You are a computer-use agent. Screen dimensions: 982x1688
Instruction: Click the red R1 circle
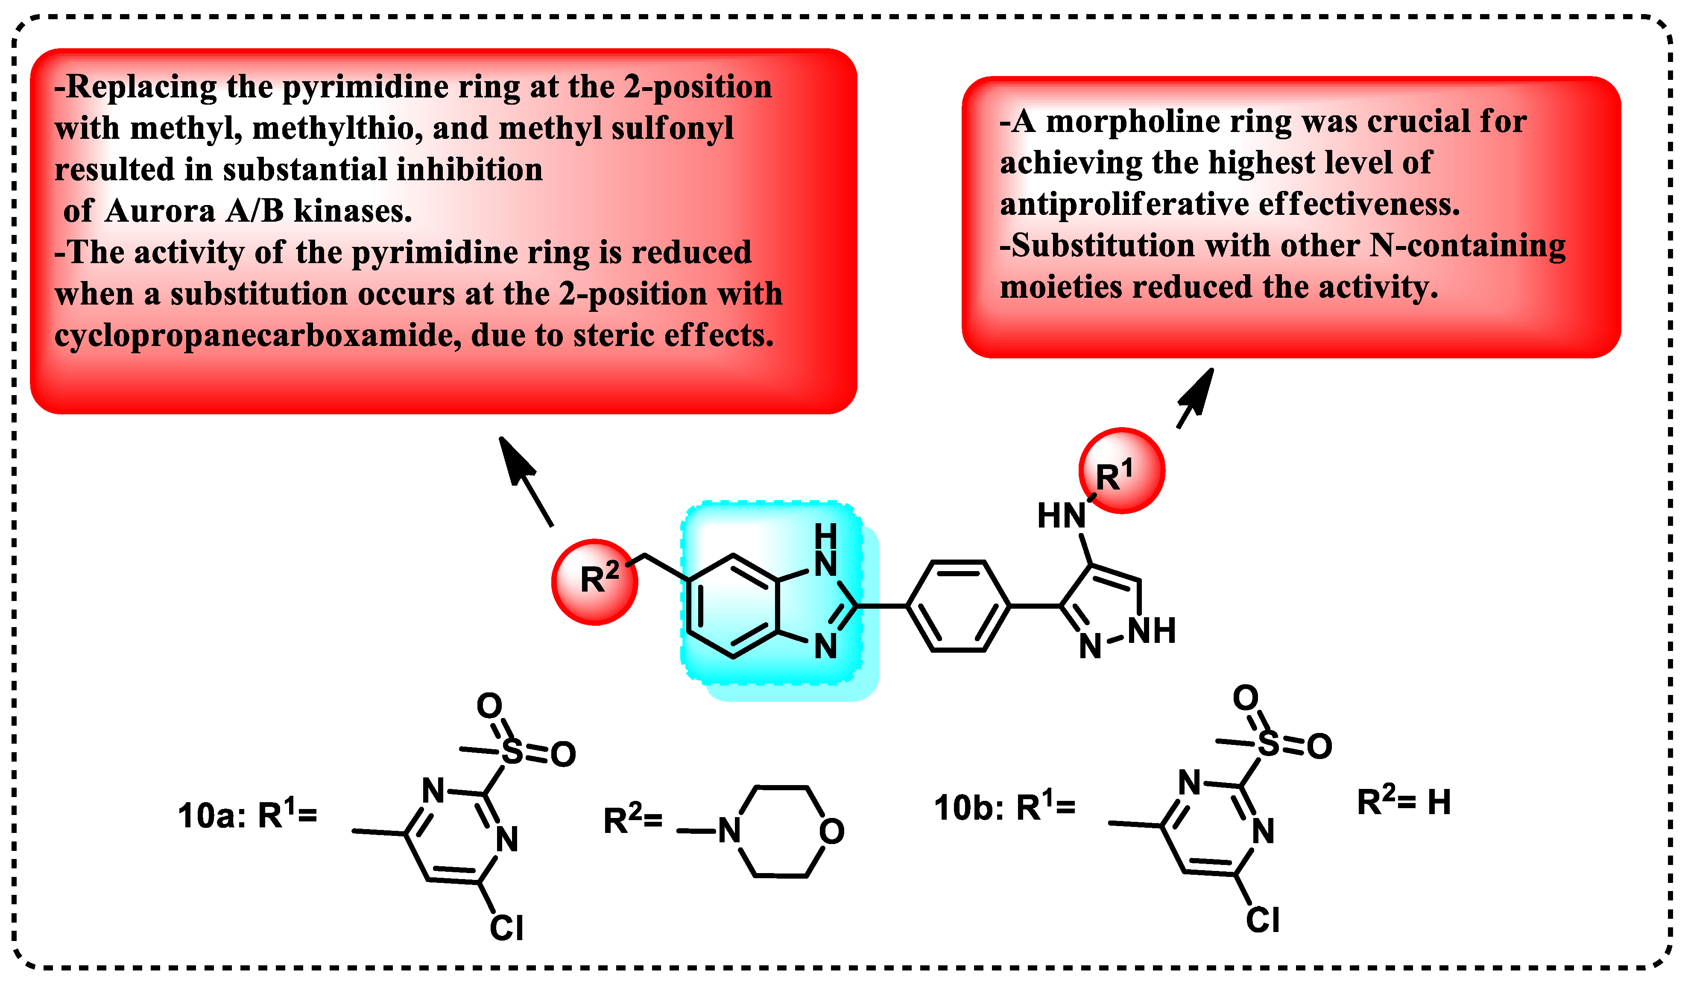point(1121,471)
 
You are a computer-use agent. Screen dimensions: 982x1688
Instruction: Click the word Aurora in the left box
point(159,211)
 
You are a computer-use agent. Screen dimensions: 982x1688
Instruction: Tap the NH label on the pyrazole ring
point(1152,631)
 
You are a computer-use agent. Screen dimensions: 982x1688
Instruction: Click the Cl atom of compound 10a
point(506,928)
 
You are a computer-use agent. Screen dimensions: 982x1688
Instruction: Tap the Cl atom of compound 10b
point(1263,920)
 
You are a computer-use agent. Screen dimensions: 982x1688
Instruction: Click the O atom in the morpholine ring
point(831,831)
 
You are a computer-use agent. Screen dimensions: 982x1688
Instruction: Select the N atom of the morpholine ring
point(729,831)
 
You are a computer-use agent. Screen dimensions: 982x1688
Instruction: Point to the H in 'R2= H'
point(1439,803)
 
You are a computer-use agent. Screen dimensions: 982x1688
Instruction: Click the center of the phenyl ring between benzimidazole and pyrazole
point(958,606)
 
